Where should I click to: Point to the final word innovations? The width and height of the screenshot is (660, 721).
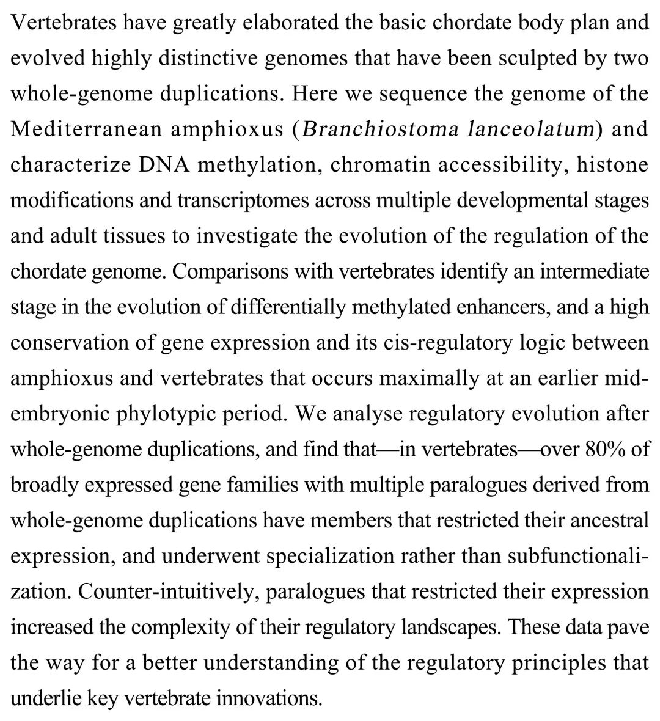point(271,697)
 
